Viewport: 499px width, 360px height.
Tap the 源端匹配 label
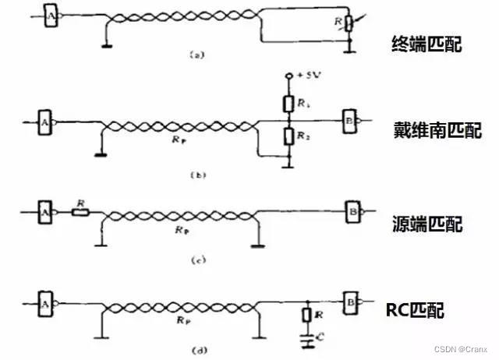coord(426,224)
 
